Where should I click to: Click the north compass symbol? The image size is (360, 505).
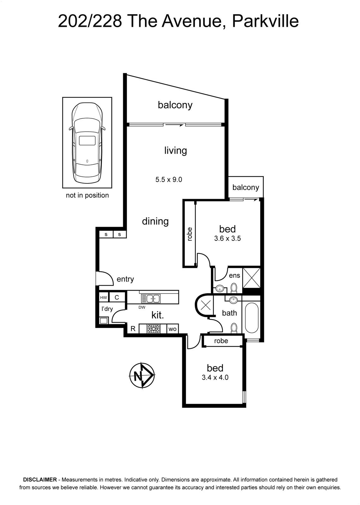142,375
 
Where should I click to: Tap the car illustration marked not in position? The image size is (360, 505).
87,142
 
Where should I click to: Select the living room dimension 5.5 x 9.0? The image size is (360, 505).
169,180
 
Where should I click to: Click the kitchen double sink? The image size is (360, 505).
151,299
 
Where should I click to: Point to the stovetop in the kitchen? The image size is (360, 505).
153,329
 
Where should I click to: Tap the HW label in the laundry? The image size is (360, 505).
104,298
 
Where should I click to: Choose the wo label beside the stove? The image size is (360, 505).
172,329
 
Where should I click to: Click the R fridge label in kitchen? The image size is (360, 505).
133,329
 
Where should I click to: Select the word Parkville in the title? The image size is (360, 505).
265,21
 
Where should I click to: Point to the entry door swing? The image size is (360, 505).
105,278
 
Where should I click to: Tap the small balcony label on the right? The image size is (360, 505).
246,187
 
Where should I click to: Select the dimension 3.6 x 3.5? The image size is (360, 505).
227,238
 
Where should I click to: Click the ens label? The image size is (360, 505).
234,276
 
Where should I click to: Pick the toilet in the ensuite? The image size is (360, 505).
234,288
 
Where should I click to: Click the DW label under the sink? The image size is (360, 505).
142,307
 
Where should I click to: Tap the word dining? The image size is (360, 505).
155,221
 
